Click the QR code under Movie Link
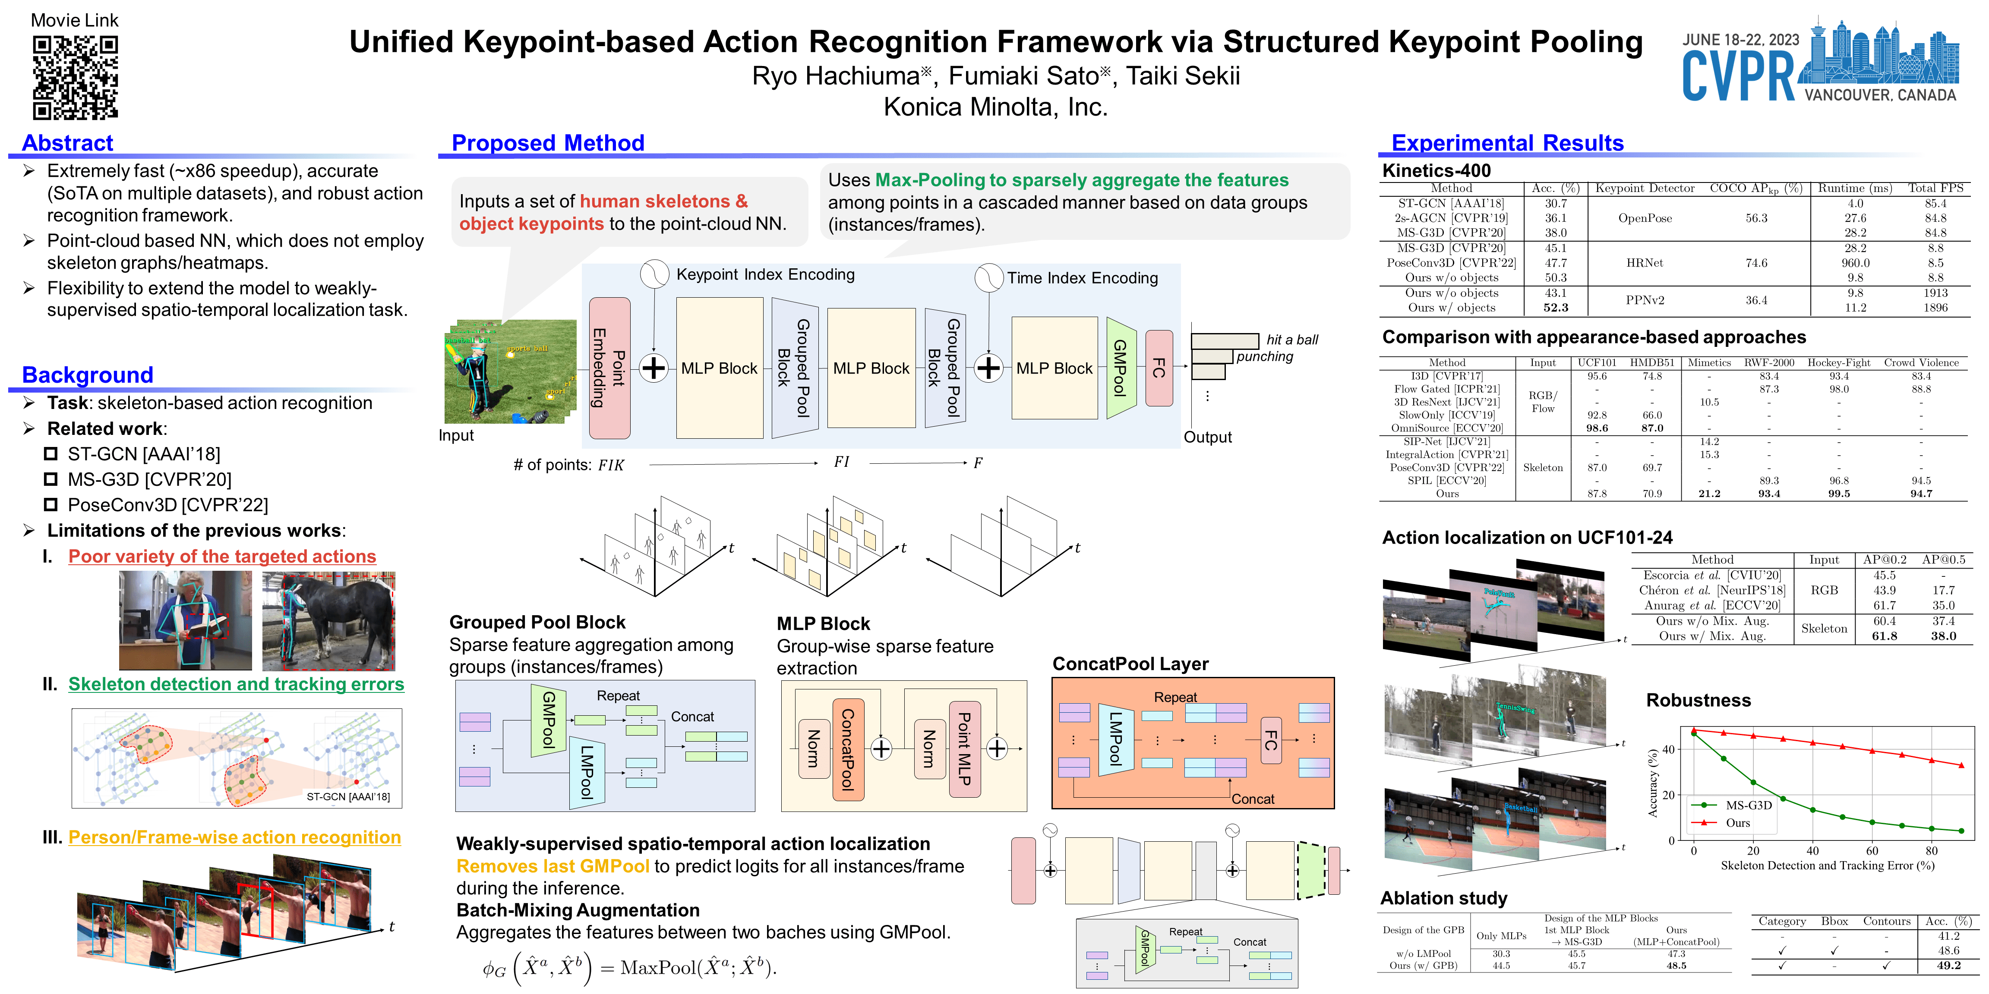pyautogui.click(x=75, y=77)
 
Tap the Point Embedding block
pyautogui.click(x=609, y=368)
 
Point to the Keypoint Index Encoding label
pyautogui.click(x=765, y=275)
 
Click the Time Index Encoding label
pyautogui.click(x=1082, y=278)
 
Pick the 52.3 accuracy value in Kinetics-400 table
pyautogui.click(x=1555, y=307)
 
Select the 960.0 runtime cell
pyautogui.click(x=1855, y=262)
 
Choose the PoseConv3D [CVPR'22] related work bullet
pyautogui.click(x=167, y=505)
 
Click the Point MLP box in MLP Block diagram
pyautogui.click(x=964, y=749)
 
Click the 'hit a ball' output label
pyautogui.click(x=1292, y=340)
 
